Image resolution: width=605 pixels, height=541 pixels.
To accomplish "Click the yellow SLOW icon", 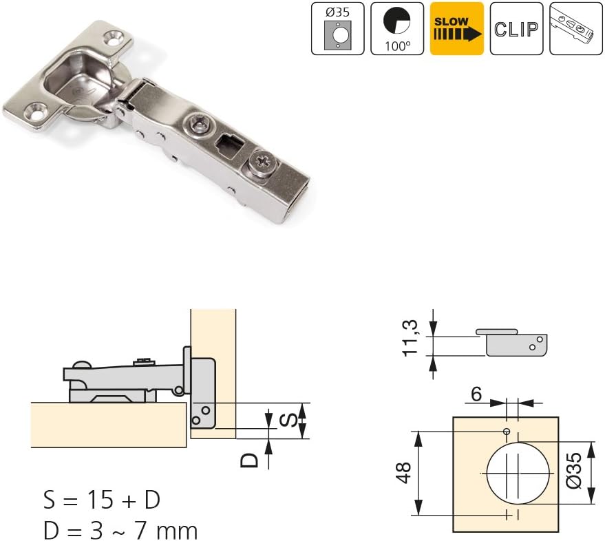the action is point(457,28).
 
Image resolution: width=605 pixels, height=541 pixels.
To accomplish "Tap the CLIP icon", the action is point(516,28).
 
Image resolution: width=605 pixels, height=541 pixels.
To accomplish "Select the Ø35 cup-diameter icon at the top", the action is point(338,28).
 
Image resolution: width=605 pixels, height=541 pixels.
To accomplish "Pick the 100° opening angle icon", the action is point(397,28).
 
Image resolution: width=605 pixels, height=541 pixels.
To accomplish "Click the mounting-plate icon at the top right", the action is point(576,28).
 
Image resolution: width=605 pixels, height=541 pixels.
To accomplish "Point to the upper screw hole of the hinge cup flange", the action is point(114,39).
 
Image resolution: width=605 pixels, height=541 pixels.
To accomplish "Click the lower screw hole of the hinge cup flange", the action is point(34,111).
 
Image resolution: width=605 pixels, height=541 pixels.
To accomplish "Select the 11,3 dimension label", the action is point(410,338).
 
